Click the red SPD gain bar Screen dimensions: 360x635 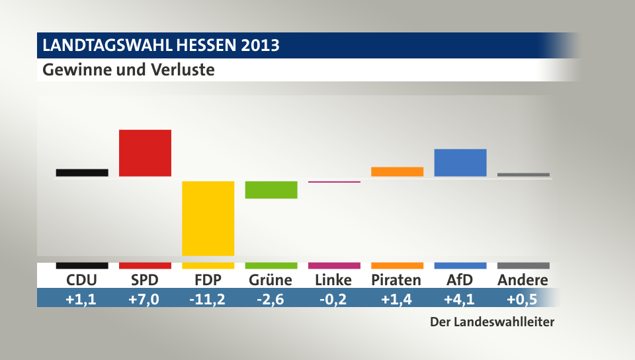(145, 153)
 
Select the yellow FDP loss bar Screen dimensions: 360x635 (208, 218)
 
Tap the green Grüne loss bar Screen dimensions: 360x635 (271, 189)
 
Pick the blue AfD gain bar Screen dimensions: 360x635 (460, 163)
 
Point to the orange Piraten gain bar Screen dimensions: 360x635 (397, 171)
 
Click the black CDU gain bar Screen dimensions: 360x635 (82, 173)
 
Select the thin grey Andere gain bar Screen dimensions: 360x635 (523, 175)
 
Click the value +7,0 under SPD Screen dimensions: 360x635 (145, 299)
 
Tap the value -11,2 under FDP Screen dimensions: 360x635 (208, 299)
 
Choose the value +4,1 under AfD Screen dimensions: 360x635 (460, 299)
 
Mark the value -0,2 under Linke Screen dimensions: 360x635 (334, 299)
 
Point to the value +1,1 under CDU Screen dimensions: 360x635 (82, 299)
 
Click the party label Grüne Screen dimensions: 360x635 (271, 280)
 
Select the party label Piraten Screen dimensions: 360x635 (396, 280)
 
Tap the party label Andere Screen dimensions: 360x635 (523, 280)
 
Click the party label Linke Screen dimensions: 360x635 (334, 280)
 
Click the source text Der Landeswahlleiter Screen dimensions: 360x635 (491, 323)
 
